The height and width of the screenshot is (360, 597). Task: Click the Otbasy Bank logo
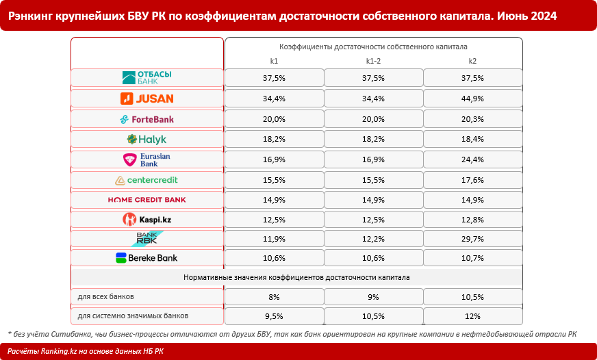[x=147, y=77]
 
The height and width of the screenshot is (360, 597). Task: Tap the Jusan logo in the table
[x=147, y=99]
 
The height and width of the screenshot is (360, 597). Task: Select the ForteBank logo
[x=147, y=119]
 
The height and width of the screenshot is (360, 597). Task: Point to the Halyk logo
[x=147, y=140]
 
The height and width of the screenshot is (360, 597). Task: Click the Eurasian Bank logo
[x=147, y=159]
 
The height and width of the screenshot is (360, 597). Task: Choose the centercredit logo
[x=147, y=180]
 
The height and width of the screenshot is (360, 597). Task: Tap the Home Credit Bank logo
[x=147, y=200]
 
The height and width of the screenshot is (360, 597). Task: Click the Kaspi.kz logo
[x=147, y=220]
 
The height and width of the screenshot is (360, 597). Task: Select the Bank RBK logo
[x=147, y=239]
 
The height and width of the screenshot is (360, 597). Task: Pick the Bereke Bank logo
[x=147, y=258]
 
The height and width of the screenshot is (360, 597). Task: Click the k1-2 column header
[x=373, y=62]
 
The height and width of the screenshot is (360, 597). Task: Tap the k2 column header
[x=472, y=62]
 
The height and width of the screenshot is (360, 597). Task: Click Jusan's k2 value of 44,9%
[x=472, y=99]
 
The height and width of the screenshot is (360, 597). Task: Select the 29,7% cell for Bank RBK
[x=472, y=239]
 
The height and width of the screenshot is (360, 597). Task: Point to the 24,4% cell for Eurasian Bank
[x=472, y=159]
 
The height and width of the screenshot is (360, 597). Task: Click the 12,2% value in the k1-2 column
[x=373, y=239]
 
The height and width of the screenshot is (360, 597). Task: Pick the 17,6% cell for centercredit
[x=472, y=180]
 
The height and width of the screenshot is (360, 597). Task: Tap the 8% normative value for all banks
[x=274, y=298]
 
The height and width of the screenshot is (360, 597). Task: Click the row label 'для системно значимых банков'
[x=133, y=316]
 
